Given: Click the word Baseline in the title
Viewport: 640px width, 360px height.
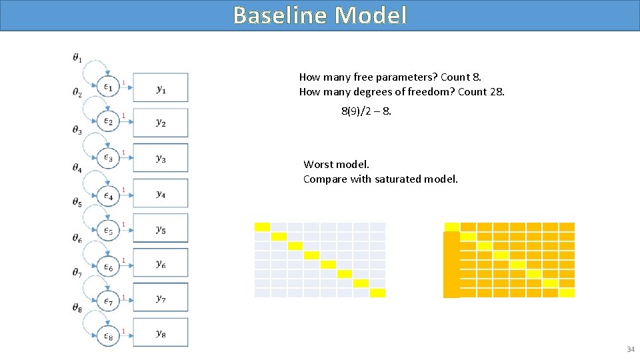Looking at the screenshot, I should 281,15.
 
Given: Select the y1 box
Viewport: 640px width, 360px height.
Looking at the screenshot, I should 161,88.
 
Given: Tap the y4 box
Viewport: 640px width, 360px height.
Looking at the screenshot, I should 161,193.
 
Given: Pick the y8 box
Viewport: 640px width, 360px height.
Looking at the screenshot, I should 161,333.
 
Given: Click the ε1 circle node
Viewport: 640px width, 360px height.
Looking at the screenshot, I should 108,87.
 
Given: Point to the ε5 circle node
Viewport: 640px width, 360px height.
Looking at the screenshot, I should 108,231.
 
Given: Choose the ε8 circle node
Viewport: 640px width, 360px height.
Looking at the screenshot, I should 108,337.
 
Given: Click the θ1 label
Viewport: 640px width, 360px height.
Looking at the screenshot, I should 77,58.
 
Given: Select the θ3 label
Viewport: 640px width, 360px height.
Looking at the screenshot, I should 77,130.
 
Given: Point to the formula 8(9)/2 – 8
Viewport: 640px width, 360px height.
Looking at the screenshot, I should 366,111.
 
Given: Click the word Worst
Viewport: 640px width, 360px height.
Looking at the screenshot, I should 319,164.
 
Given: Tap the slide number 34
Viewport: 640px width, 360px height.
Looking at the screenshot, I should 630,350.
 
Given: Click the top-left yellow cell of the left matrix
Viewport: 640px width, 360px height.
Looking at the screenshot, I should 262,227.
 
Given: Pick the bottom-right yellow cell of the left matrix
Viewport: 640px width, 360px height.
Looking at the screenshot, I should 378,293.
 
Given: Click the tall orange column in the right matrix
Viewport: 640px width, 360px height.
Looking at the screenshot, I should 451,265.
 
